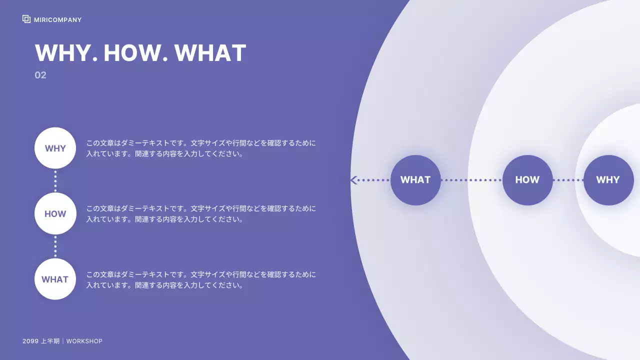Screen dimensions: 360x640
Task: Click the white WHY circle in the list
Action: pyautogui.click(x=55, y=148)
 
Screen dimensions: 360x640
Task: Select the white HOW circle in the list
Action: pyautogui.click(x=55, y=213)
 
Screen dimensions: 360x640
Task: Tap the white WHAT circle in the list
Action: pyautogui.click(x=55, y=279)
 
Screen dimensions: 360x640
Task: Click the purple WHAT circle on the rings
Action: pyautogui.click(x=415, y=180)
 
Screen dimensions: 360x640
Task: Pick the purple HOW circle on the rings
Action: pyautogui.click(x=527, y=180)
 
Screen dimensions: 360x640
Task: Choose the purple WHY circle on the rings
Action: pyautogui.click(x=608, y=180)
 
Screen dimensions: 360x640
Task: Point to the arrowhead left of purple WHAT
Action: pyautogui.click(x=354, y=180)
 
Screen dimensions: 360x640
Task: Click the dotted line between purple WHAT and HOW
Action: pyautogui.click(x=471, y=180)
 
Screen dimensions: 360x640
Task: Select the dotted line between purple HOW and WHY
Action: pyautogui.click(x=568, y=180)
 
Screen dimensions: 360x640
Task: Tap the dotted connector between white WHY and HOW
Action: pyautogui.click(x=55, y=181)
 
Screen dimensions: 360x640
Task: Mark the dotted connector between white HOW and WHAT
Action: pyautogui.click(x=55, y=246)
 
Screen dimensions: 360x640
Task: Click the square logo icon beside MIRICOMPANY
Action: pyautogui.click(x=26, y=19)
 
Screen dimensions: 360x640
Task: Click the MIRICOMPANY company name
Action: pyautogui.click(x=57, y=20)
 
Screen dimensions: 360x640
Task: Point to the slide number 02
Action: pyautogui.click(x=40, y=75)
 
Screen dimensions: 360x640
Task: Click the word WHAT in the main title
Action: pyautogui.click(x=210, y=53)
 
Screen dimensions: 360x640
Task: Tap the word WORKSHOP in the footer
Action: pyautogui.click(x=84, y=341)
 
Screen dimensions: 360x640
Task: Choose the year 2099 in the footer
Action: pyautogui.click(x=30, y=341)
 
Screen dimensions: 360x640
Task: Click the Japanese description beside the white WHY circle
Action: pyautogui.click(x=201, y=148)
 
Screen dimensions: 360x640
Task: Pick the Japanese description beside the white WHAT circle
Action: pyautogui.click(x=201, y=280)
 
